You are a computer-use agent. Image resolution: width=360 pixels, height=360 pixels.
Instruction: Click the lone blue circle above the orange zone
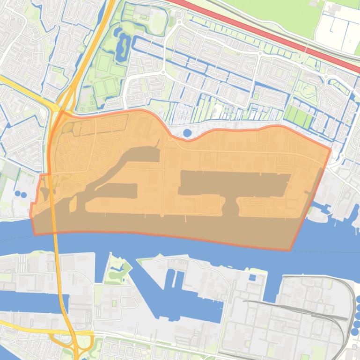[x=187, y=133]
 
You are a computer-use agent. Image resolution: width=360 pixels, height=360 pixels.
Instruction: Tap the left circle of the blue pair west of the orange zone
[x=17, y=193]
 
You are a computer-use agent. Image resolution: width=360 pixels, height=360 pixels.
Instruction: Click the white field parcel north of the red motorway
[x=337, y=28]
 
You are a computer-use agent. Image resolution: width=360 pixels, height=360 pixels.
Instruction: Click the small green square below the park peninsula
[x=114, y=303]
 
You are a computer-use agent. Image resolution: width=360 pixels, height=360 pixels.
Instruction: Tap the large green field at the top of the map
[x=262, y=12]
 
